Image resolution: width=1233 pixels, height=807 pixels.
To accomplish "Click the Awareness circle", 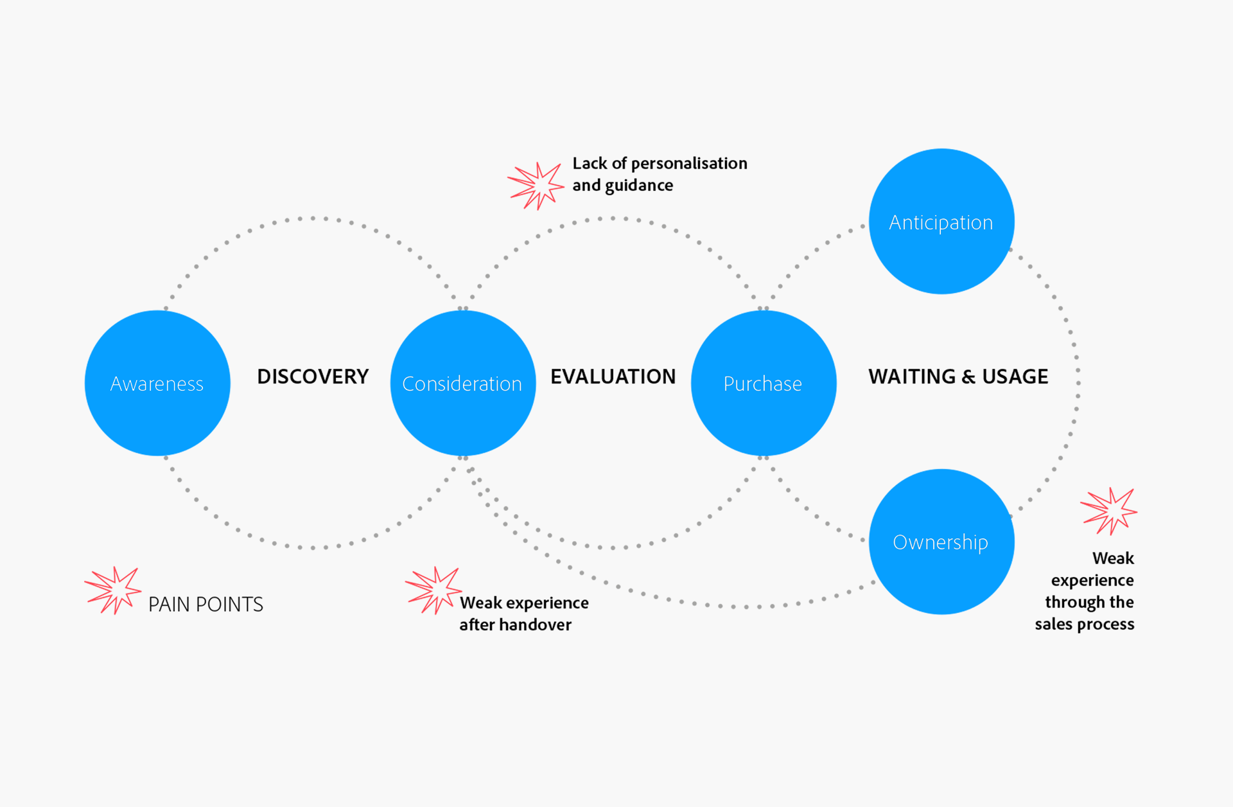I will point(157,383).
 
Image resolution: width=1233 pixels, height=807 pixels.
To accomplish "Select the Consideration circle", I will point(462,383).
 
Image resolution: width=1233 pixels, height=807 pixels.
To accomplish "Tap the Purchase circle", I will point(763,383).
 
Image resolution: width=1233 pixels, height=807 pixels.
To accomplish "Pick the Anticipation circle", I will point(941,222).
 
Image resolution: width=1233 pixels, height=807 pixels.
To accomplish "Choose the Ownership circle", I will point(941,542).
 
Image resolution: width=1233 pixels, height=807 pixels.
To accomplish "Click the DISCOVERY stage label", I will point(313,377).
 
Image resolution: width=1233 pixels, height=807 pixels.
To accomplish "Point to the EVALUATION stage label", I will point(613,377).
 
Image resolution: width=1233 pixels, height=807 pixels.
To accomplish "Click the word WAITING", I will point(912,377).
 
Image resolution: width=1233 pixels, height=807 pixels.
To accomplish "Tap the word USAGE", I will point(1015,377).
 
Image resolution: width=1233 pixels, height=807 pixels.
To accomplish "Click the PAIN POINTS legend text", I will point(205,605).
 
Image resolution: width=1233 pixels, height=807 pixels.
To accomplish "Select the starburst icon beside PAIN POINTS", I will point(113,590).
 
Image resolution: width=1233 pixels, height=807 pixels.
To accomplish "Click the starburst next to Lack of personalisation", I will point(536,185).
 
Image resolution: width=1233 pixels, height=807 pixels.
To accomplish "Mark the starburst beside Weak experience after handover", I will point(433,590).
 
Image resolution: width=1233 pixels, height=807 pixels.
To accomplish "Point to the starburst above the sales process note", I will point(1108,511).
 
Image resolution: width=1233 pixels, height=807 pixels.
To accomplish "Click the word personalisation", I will point(689,164).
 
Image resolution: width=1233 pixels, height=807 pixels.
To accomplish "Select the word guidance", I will point(639,186).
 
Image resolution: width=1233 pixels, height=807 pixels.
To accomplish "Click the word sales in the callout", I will point(1053,624).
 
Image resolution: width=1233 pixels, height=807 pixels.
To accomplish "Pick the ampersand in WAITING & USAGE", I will point(968,377).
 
